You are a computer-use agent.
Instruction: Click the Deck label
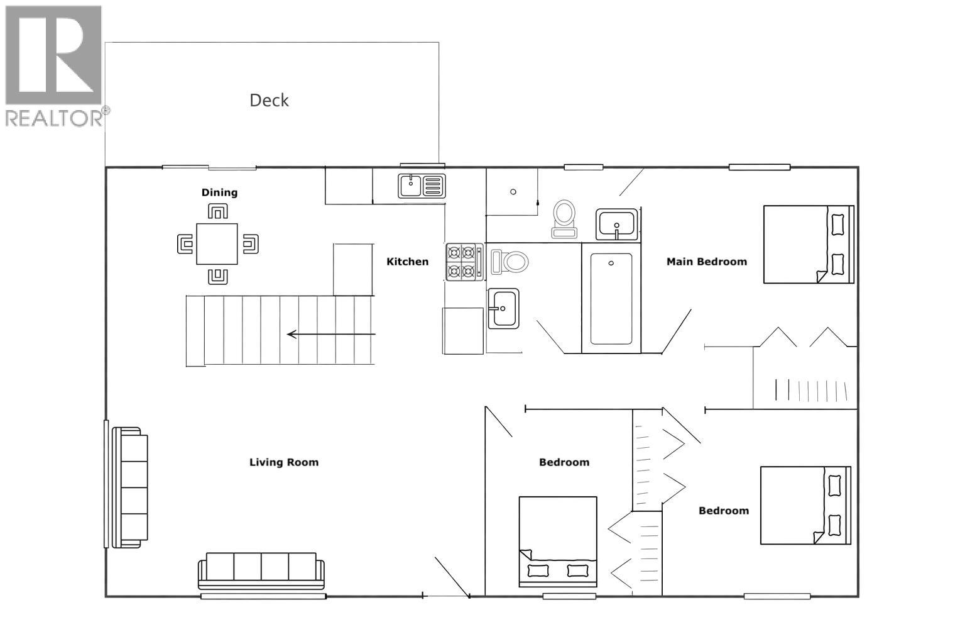[269, 100]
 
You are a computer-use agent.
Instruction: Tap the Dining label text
[219, 192]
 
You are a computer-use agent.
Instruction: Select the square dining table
[217, 244]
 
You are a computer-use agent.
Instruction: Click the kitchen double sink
[422, 186]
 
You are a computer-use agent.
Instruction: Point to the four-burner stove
[465, 262]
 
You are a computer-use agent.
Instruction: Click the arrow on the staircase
[330, 334]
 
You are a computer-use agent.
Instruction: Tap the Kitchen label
[407, 262]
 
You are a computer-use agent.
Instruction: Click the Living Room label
[284, 462]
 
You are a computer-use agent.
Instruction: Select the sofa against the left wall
[129, 487]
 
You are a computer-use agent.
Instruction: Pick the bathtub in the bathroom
[611, 299]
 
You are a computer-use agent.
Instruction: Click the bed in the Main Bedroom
[808, 244]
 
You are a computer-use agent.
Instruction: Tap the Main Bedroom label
[706, 262]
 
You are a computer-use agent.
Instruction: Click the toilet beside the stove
[510, 262]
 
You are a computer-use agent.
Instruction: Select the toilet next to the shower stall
[564, 218]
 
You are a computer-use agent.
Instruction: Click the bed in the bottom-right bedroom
[805, 505]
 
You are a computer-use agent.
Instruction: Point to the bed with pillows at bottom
[557, 541]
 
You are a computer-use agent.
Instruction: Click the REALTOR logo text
[55, 118]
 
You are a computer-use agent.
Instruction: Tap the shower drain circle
[513, 192]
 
